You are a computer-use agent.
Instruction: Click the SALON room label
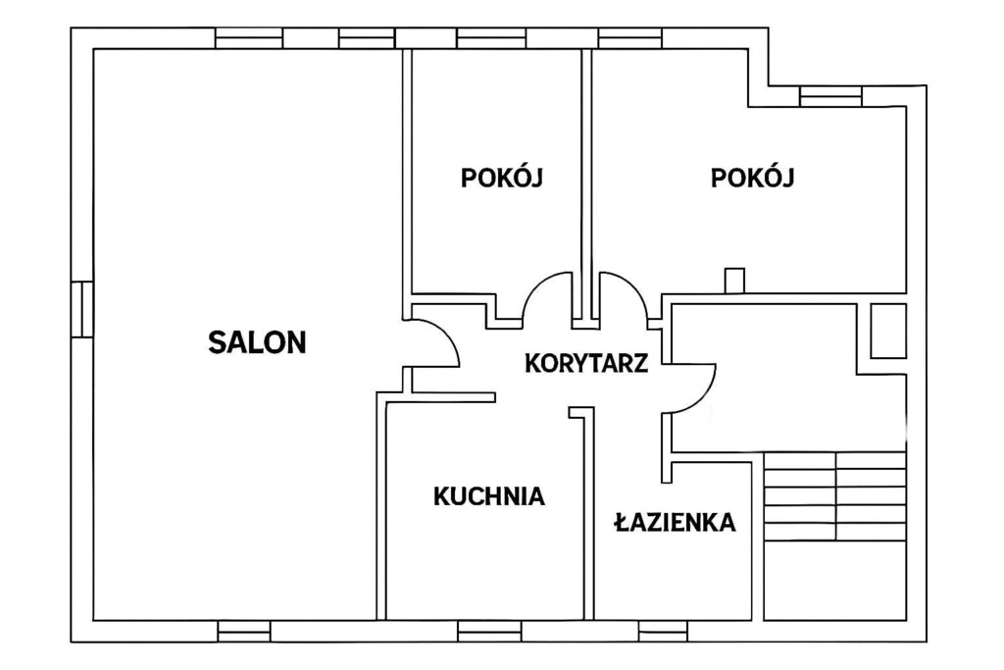[258, 342]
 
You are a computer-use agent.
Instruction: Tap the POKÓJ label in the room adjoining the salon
[501, 178]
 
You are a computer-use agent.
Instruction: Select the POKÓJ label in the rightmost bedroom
[752, 178]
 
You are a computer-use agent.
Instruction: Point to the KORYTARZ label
[586, 363]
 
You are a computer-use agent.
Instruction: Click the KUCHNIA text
[489, 496]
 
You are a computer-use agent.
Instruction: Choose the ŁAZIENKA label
[675, 522]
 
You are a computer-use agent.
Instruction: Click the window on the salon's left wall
[82, 309]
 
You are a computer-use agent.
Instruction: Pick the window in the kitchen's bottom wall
[480, 631]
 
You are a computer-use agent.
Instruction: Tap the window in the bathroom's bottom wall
[664, 631]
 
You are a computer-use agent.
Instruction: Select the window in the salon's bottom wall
[244, 631]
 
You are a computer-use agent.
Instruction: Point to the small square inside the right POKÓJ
[734, 281]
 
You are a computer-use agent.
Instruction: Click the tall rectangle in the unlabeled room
[888, 331]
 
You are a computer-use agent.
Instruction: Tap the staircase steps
[835, 496]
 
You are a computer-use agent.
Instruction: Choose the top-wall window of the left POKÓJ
[491, 38]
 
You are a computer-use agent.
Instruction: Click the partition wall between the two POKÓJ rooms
[586, 184]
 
